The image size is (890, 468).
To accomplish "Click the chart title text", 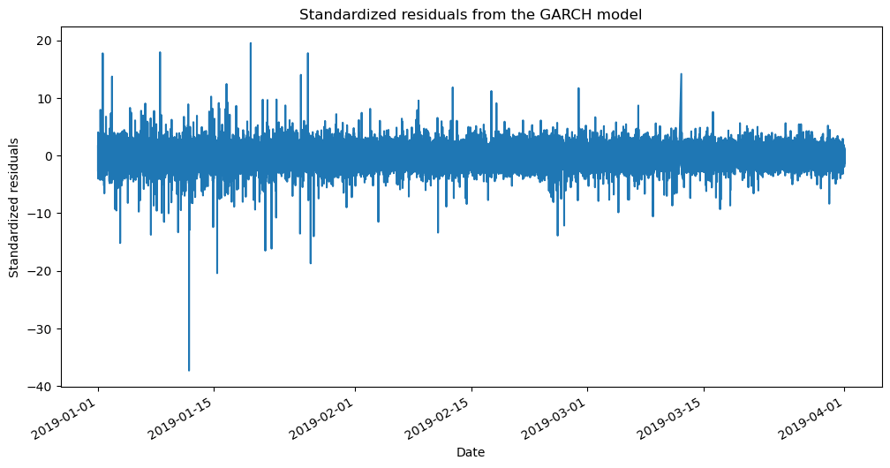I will [470, 15].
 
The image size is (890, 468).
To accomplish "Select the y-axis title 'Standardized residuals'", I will [15, 208].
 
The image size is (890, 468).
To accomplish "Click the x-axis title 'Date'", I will [470, 452].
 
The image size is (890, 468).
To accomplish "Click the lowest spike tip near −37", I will [189, 370].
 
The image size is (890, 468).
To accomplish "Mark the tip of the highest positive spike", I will [250, 43].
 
